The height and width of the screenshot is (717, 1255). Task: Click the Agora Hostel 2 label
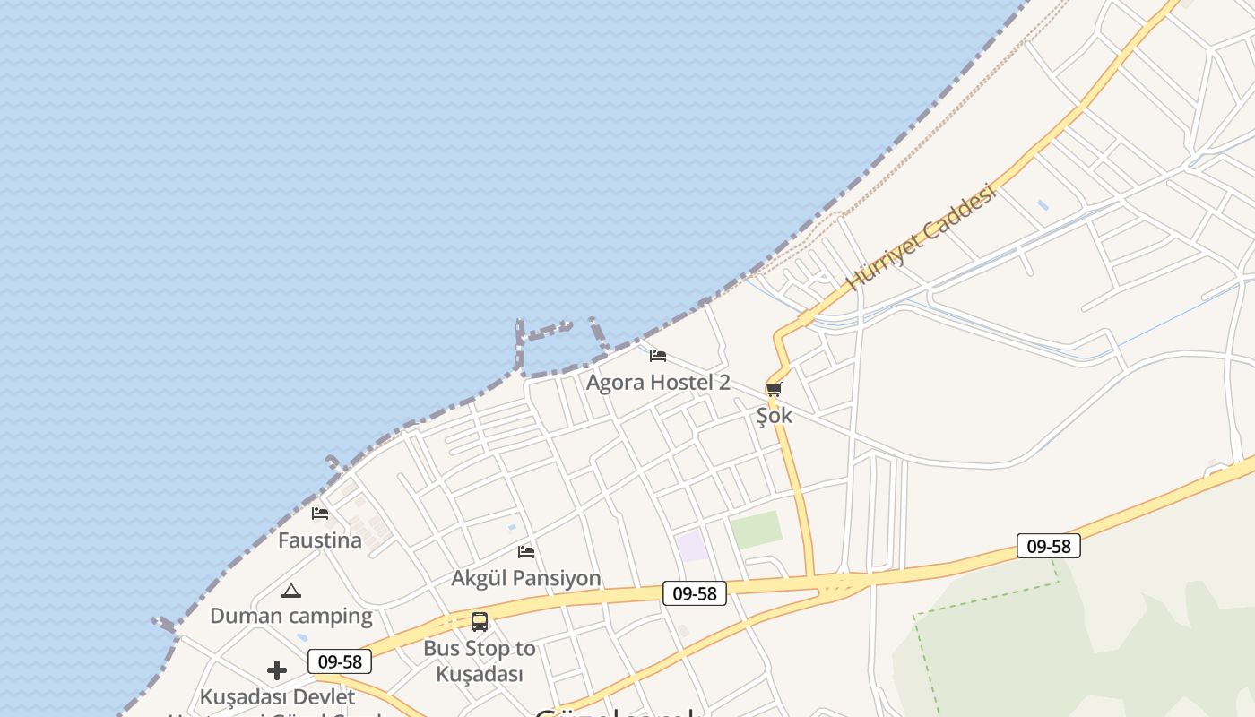pos(658,383)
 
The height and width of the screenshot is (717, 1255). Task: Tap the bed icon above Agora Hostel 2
pos(658,355)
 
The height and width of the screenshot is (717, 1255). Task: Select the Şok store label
pos(775,416)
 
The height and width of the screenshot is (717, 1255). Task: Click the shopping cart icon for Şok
pos(775,389)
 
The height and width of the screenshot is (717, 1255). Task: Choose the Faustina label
pos(320,540)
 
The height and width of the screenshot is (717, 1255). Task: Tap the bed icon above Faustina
pos(320,514)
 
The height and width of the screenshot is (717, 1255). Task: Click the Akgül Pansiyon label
pos(526,578)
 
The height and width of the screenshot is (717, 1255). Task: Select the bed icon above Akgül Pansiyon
pos(526,551)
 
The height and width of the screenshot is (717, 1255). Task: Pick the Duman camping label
pos(291,616)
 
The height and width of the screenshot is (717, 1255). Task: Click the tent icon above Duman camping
pos(290,591)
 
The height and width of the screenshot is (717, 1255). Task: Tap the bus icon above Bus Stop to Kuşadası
pos(480,621)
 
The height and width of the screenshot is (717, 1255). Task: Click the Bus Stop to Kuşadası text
pos(480,661)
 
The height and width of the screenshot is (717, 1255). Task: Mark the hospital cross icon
pos(277,669)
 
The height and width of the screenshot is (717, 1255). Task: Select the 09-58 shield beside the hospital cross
pos(340,662)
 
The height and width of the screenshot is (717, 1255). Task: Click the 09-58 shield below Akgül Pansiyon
pos(695,593)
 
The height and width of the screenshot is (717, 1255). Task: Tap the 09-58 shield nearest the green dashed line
pos(1049,546)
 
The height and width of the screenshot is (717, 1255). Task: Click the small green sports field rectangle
pos(757,530)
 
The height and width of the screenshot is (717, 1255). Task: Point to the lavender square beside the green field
pos(691,546)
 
